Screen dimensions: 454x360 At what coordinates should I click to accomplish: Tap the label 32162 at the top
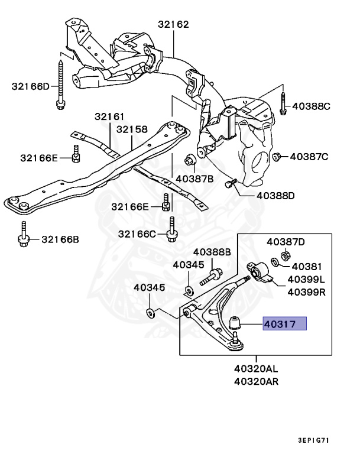[x=173, y=25]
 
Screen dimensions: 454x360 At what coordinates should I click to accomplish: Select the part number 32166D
[x=31, y=86]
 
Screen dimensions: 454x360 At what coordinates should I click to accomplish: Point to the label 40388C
[x=312, y=107]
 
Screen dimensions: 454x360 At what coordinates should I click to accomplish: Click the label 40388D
[x=275, y=196]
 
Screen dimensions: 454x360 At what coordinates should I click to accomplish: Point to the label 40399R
[x=306, y=291]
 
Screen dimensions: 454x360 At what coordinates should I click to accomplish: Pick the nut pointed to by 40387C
[x=276, y=156]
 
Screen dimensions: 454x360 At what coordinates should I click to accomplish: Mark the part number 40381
[x=305, y=267]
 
